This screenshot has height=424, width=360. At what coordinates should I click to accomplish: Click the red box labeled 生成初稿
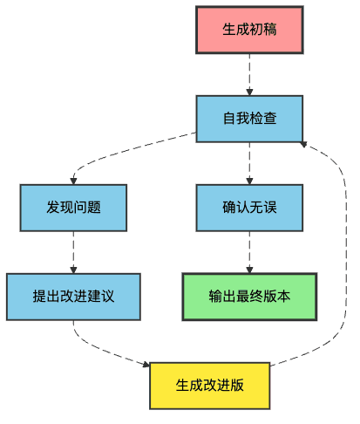(x=249, y=29)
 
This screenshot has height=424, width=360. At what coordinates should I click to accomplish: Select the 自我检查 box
(x=249, y=118)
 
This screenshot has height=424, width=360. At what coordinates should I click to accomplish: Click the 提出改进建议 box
(x=73, y=297)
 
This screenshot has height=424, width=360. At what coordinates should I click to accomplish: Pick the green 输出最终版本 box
(x=249, y=297)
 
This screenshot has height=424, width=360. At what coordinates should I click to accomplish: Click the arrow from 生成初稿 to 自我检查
(x=249, y=73)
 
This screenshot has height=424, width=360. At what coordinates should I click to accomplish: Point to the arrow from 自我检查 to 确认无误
(x=249, y=162)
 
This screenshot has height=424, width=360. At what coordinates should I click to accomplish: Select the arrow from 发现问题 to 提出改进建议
(x=73, y=252)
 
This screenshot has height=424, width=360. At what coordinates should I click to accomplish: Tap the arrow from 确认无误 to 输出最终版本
(x=249, y=252)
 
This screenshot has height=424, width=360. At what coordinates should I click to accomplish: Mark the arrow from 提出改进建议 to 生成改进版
(x=105, y=349)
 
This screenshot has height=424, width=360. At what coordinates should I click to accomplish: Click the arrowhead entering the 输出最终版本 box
(x=249, y=269)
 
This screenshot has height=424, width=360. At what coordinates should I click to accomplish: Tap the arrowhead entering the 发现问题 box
(x=74, y=180)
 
